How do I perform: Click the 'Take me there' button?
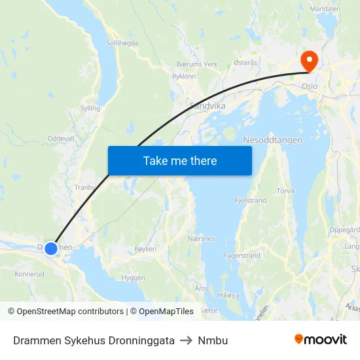pyautogui.click(x=179, y=160)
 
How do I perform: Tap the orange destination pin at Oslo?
pyautogui.click(x=308, y=61)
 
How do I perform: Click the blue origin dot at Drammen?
pyautogui.click(x=51, y=248)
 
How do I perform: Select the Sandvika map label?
pyautogui.click(x=207, y=105)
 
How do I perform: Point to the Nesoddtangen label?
pyautogui.click(x=272, y=140)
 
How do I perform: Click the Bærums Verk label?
pyautogui.click(x=197, y=64)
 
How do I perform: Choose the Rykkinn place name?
pyautogui.click(x=183, y=76)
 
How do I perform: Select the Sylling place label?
pyautogui.click(x=90, y=108)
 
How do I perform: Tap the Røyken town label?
pyautogui.click(x=145, y=249)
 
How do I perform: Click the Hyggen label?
pyautogui.click(x=134, y=278)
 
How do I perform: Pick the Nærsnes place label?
pyautogui.click(x=201, y=238)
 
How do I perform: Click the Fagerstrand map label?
pyautogui.click(x=242, y=255)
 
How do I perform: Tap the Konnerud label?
pyautogui.click(x=29, y=274)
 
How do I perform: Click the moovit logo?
pyautogui.click(x=321, y=340)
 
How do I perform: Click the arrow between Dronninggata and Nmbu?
pyautogui.click(x=187, y=340)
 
